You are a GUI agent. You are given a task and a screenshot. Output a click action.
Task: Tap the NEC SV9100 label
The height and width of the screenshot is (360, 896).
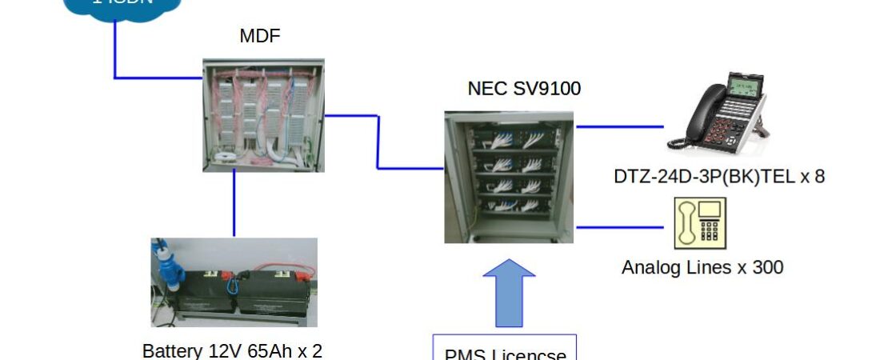pyautogui.click(x=524, y=88)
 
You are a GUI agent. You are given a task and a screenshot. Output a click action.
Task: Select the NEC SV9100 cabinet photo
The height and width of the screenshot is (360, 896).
pyautogui.click(x=509, y=176)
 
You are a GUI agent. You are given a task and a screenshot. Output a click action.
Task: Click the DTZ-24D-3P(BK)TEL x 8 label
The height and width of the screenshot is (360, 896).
pyautogui.click(x=718, y=177)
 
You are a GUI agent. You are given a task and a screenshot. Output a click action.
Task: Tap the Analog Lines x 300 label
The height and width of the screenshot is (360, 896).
pyautogui.click(x=702, y=267)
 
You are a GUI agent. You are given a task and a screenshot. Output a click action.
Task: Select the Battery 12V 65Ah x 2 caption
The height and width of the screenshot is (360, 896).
pyautogui.click(x=232, y=350)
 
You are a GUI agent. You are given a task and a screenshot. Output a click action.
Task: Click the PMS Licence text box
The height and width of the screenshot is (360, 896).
pyautogui.click(x=505, y=349)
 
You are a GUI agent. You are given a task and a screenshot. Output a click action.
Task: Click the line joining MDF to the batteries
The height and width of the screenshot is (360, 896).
pyautogui.click(x=234, y=204)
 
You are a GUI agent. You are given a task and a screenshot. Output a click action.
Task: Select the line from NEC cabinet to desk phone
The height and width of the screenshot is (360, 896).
pyautogui.click(x=620, y=126)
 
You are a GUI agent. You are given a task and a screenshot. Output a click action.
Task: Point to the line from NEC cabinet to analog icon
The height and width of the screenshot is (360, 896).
pyautogui.click(x=620, y=226)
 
